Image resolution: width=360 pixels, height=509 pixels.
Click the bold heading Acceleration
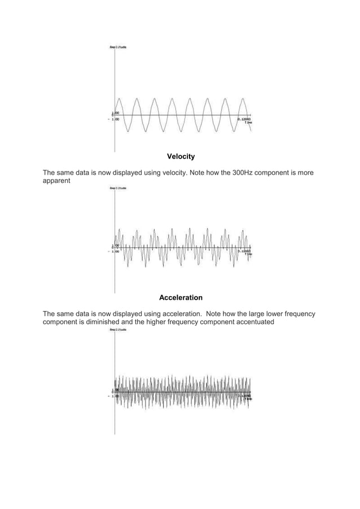pos(181,297)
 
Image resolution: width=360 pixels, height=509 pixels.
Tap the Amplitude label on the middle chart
pos(118,188)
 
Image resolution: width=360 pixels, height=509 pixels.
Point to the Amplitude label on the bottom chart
pos(118,330)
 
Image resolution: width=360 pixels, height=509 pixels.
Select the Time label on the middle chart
pos(248,254)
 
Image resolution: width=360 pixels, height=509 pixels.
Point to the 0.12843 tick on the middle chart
pos(244,251)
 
